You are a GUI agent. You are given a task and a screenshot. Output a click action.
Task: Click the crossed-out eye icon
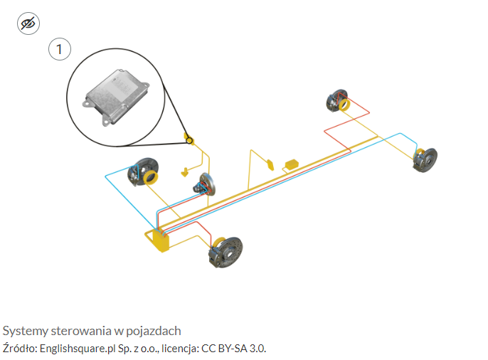pos(28,24)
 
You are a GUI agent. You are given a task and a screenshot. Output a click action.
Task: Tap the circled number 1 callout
pos(60,49)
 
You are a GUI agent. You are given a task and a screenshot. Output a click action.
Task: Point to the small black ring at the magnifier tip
pos(190,139)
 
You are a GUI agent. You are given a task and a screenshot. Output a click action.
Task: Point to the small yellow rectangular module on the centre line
pos(292,165)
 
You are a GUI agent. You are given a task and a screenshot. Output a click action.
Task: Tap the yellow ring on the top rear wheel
pos(344,106)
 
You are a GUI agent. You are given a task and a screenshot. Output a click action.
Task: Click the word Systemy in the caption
pos(23,331)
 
